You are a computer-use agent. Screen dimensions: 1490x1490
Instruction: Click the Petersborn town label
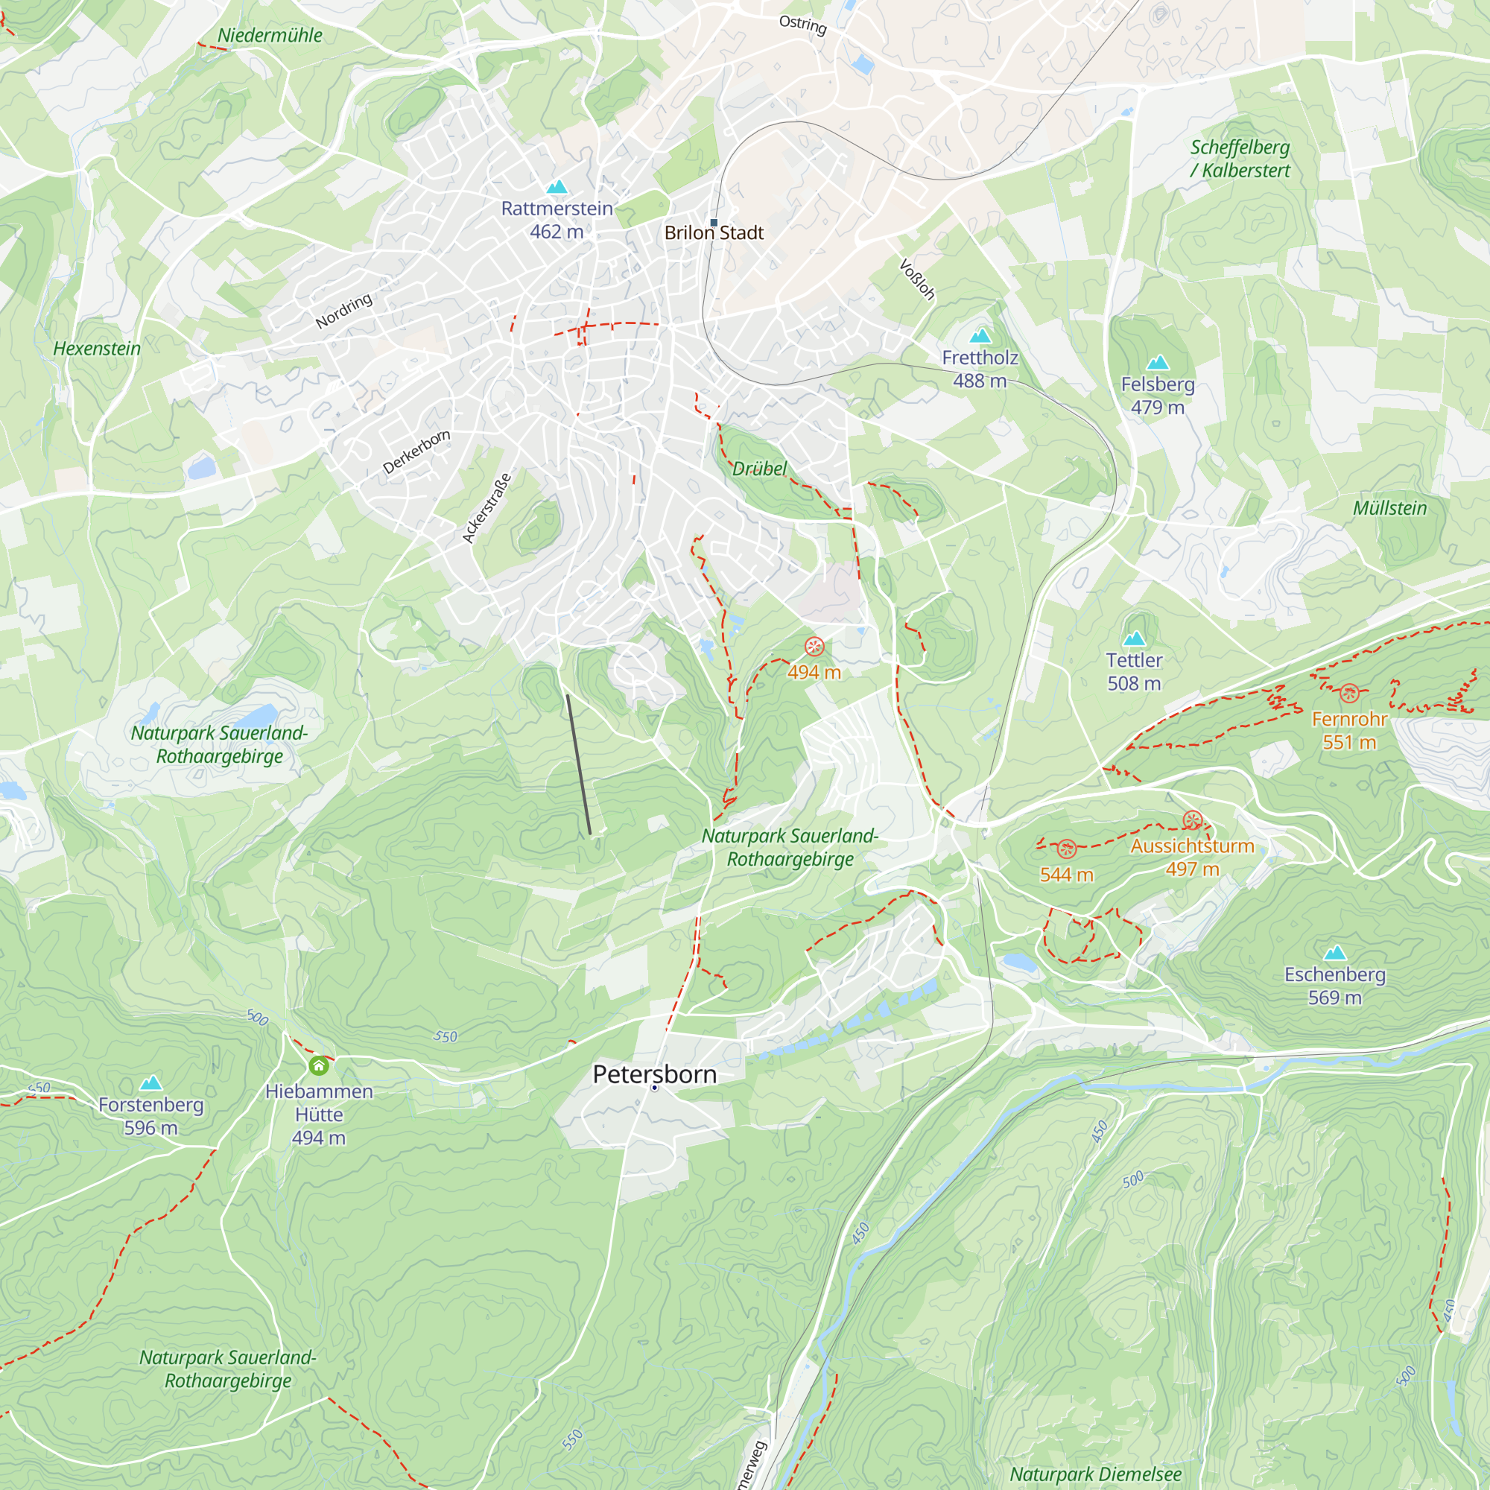pyautogui.click(x=654, y=1074)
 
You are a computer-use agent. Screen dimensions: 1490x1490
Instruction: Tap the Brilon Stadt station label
pyautogui.click(x=714, y=232)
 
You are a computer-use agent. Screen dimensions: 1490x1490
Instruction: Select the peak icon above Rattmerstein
pyautogui.click(x=556, y=187)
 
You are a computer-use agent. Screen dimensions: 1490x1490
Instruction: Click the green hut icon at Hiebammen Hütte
pyautogui.click(x=319, y=1066)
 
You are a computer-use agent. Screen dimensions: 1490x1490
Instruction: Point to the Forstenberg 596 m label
pyautogui.click(x=150, y=1116)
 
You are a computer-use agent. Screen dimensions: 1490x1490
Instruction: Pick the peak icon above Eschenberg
pyautogui.click(x=1334, y=954)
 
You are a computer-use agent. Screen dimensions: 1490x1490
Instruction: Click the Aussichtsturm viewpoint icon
pyautogui.click(x=1192, y=819)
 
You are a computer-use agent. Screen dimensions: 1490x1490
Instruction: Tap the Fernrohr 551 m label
pyautogui.click(x=1349, y=730)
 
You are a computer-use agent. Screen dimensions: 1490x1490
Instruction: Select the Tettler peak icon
pyautogui.click(x=1134, y=638)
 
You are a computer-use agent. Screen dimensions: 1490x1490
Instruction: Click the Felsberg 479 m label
pyautogui.click(x=1157, y=395)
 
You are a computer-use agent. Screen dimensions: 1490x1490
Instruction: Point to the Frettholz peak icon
pyautogui.click(x=980, y=335)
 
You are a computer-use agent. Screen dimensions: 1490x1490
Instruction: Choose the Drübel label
pyautogui.click(x=759, y=469)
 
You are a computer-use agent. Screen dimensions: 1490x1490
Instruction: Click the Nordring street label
pyautogui.click(x=344, y=311)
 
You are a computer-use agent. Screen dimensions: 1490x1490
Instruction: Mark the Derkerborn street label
pyautogui.click(x=416, y=452)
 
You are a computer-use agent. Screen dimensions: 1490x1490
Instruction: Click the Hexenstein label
pyautogui.click(x=97, y=349)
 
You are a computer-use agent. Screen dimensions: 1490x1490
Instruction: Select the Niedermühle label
pyautogui.click(x=270, y=36)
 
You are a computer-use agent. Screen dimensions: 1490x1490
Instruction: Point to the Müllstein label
pyautogui.click(x=1389, y=508)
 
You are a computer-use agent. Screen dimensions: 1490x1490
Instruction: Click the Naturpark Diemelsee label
pyautogui.click(x=1095, y=1474)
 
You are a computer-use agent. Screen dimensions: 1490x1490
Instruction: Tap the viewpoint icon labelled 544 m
pyautogui.click(x=1067, y=849)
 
